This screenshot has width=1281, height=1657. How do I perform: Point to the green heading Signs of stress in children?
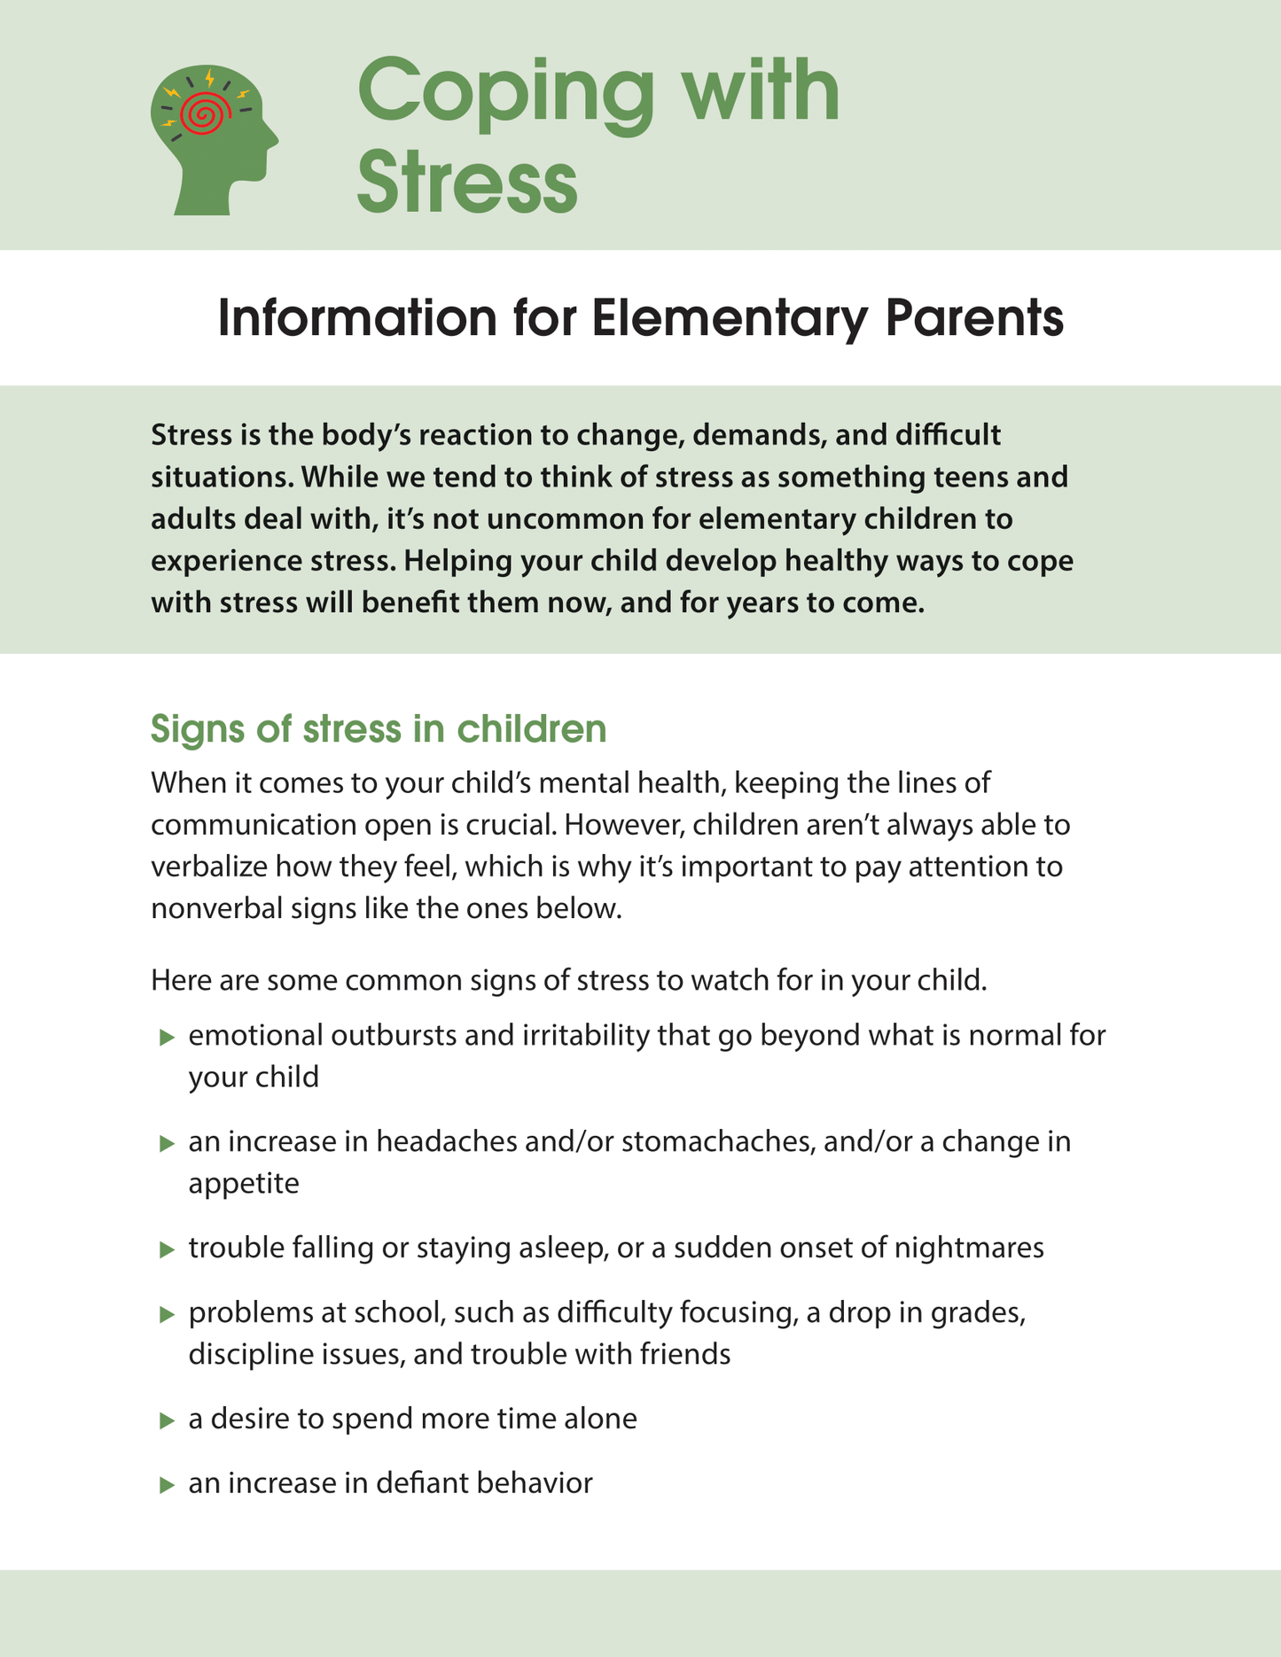point(379,728)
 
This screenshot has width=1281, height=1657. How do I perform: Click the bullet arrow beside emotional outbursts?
point(167,1037)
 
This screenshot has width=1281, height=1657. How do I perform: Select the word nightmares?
point(969,1248)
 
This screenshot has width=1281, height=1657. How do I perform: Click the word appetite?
point(244,1183)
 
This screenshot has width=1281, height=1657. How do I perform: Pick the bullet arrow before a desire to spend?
point(167,1420)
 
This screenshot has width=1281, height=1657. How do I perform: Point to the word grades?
point(977,1312)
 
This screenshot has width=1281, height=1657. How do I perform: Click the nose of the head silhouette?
point(274,140)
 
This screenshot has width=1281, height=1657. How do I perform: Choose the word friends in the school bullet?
point(685,1354)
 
